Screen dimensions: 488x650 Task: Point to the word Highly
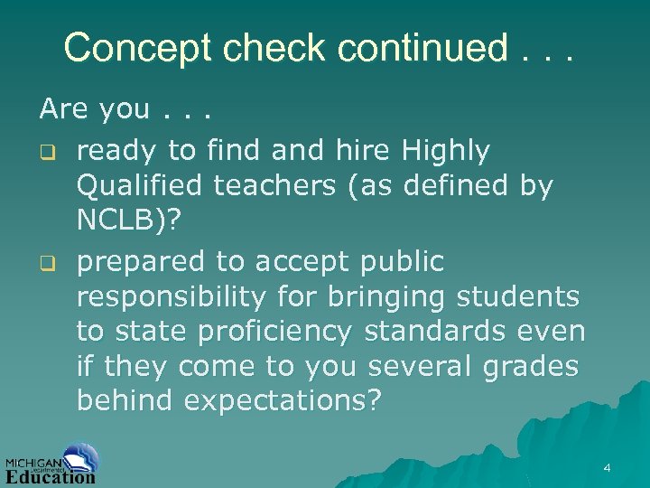[x=446, y=152]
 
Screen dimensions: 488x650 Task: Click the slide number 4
[x=607, y=468]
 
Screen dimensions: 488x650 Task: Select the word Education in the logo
[x=51, y=476]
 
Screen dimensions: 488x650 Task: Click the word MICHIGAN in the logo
[x=33, y=460]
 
